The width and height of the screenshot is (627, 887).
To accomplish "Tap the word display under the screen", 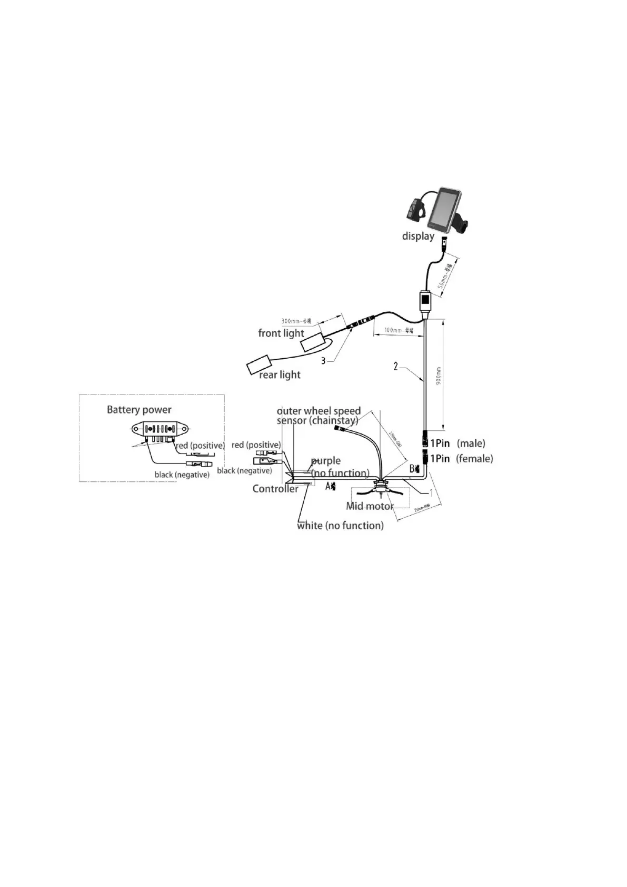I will tap(418, 236).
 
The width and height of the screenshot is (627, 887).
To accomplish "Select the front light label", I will tap(281, 333).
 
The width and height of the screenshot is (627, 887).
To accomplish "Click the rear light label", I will tap(280, 374).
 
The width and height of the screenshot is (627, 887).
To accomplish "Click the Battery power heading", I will tap(139, 410).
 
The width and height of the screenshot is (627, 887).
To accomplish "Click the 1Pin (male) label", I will tap(457, 443).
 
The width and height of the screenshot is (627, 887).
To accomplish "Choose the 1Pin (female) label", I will tap(461, 459).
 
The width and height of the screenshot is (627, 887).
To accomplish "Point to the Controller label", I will tap(275, 489).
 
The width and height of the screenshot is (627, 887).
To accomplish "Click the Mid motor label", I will tap(370, 506).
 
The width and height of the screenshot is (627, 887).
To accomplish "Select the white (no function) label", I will tap(340, 526).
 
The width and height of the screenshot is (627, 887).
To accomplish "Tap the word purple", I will tap(326, 461).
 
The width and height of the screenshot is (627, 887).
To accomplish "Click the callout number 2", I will tap(396, 366).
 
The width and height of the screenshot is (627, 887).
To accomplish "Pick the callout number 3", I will tap(324, 361).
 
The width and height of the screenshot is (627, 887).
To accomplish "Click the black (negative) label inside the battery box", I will tap(182, 475).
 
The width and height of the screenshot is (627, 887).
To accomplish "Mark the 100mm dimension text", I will tap(399, 331).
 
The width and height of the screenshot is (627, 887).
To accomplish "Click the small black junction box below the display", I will tap(426, 301).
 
